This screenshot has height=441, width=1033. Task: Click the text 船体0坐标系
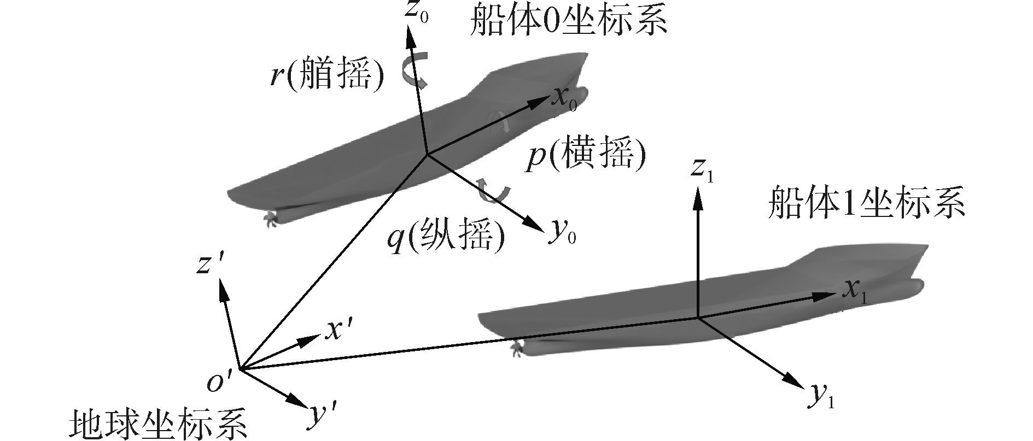pos(569,22)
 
